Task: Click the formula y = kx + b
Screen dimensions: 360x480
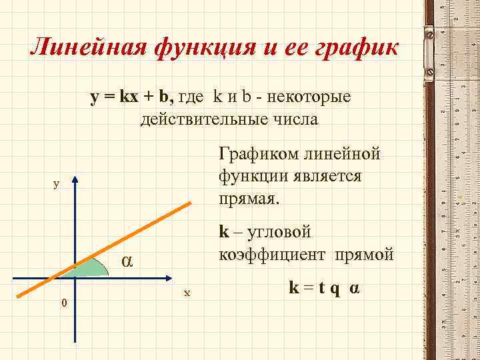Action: click(x=132, y=98)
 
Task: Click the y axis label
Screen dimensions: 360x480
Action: click(x=57, y=184)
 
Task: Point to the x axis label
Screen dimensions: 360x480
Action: click(x=187, y=292)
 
